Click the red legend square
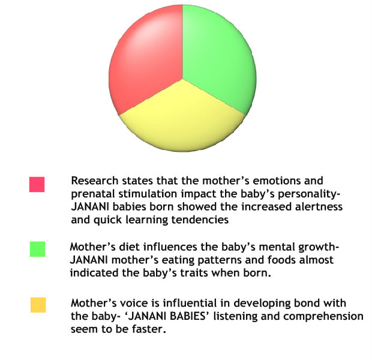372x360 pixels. point(37,184)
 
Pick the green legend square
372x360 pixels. point(37,249)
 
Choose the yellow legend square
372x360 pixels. point(38,305)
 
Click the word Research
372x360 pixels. point(95,181)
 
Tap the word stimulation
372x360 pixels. point(148,194)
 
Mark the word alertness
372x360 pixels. point(319,206)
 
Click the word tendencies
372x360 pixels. point(200,220)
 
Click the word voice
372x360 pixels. point(134,303)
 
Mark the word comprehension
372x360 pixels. point(323,316)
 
